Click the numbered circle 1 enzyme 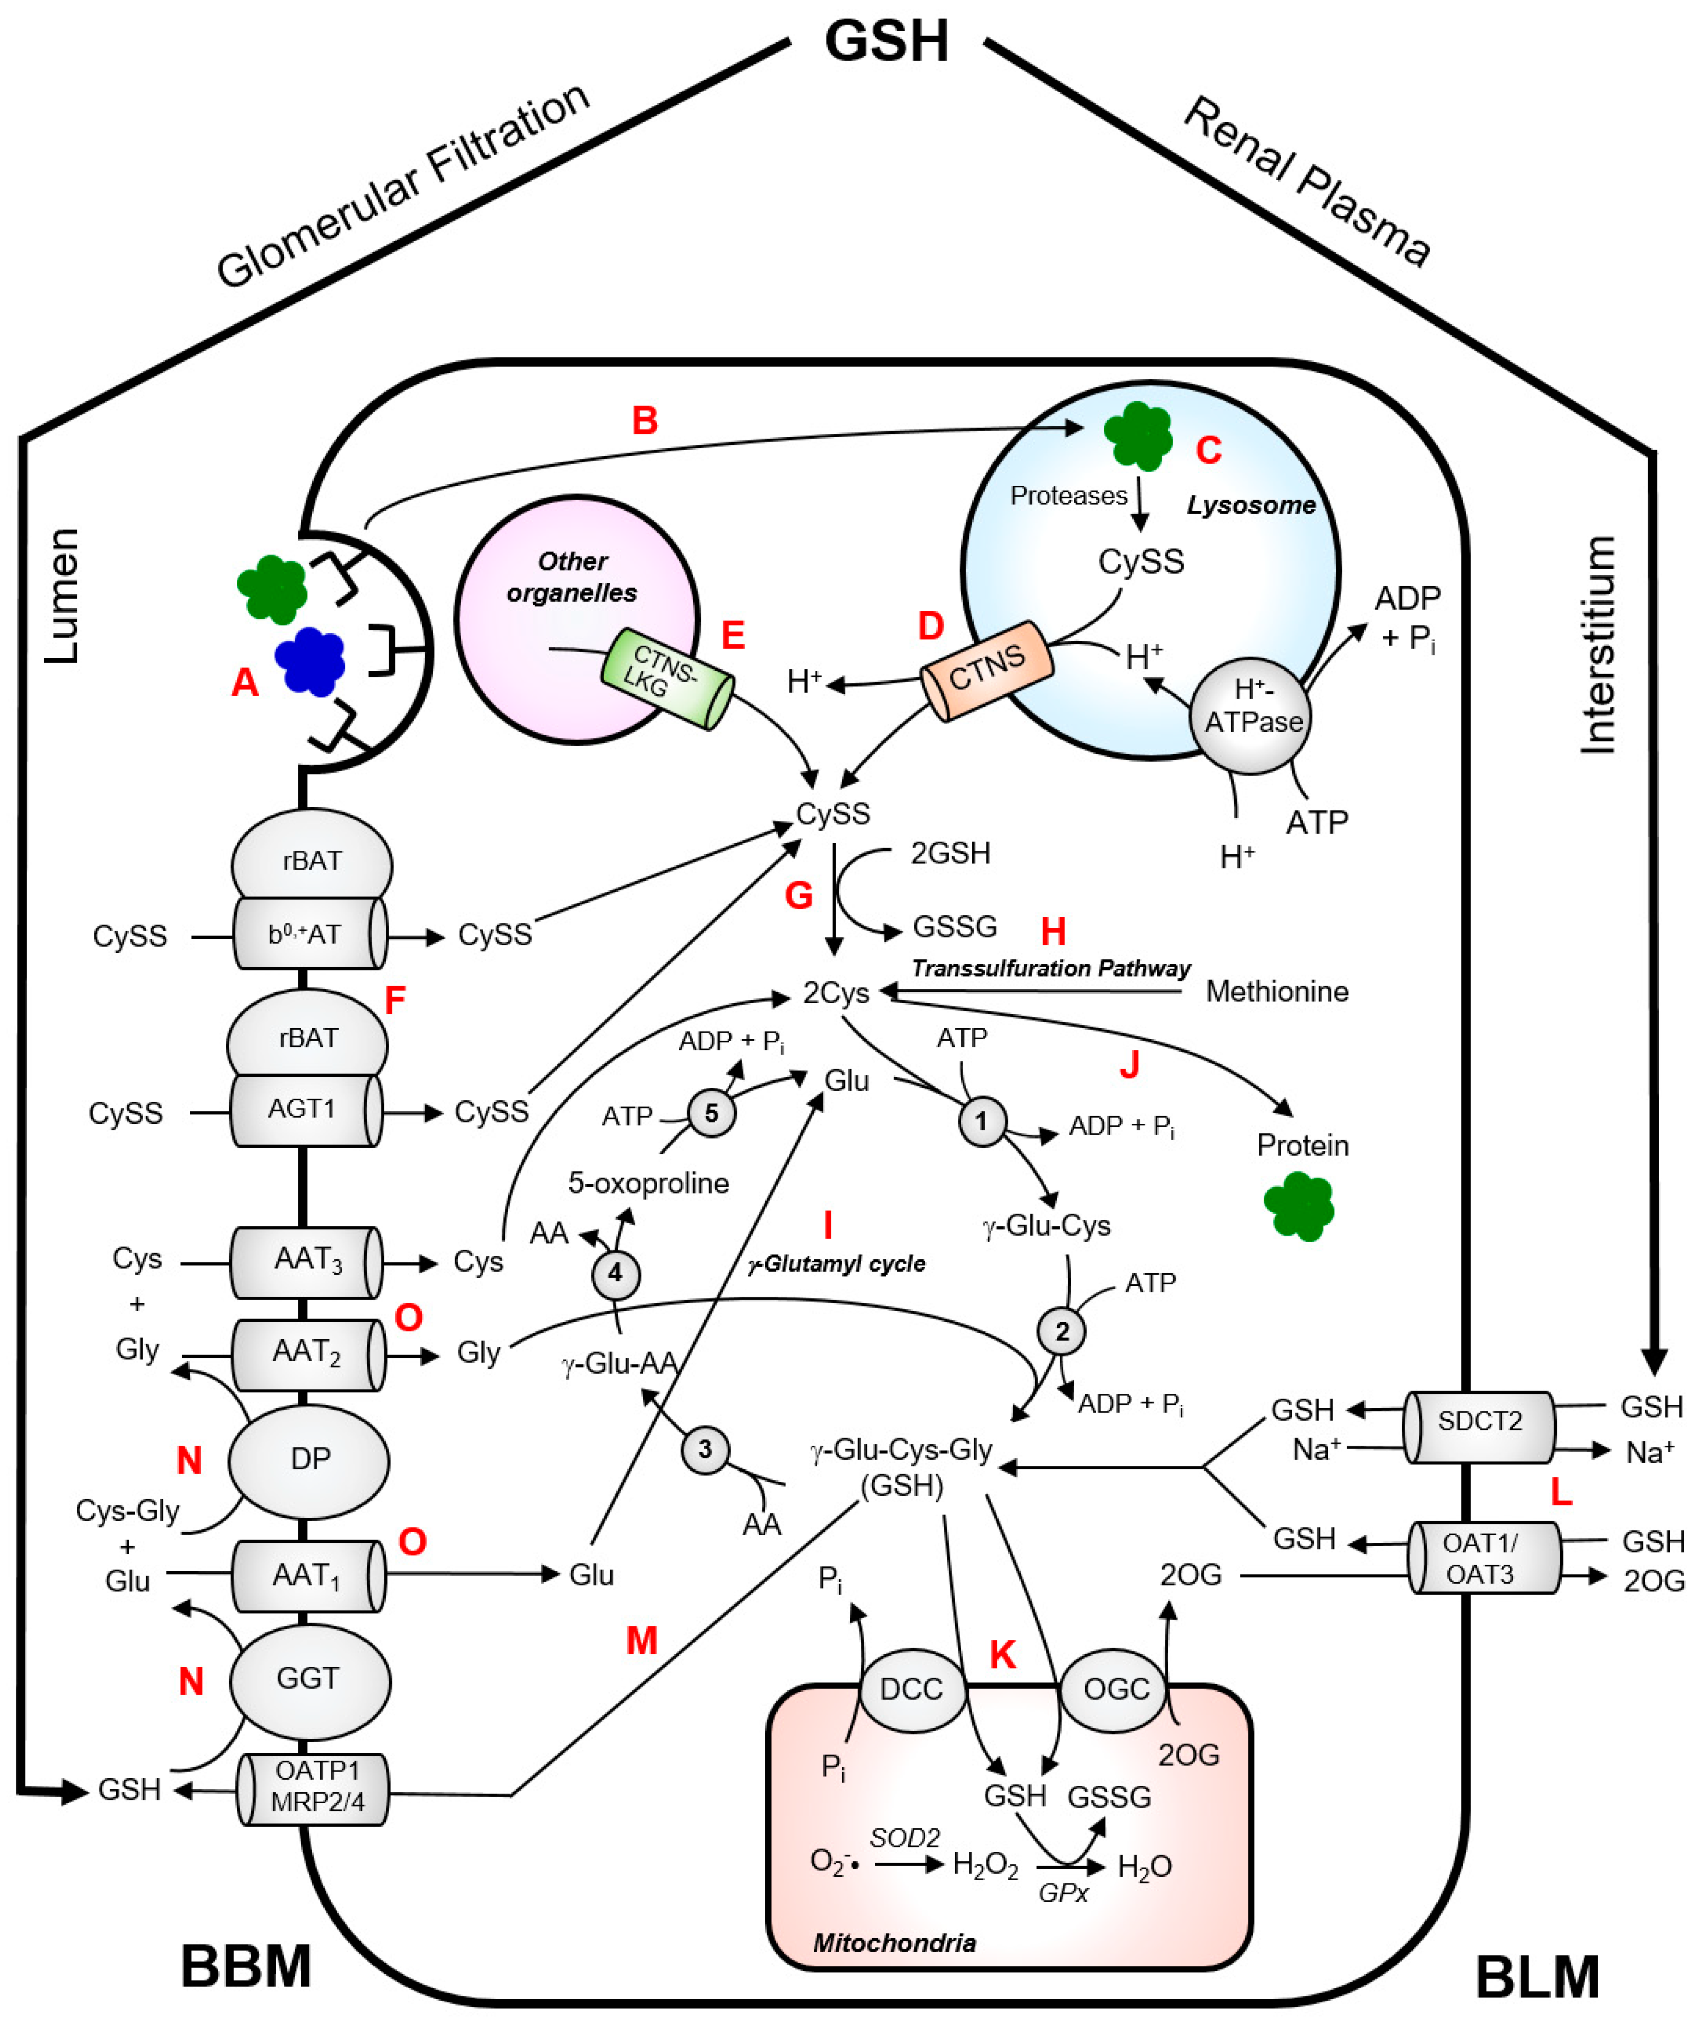click(x=982, y=1121)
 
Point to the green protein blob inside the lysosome click(x=1138, y=436)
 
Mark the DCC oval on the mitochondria click(x=911, y=1689)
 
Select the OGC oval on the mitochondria click(x=1116, y=1689)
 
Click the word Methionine click(x=1277, y=992)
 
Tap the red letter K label click(x=1002, y=1656)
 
